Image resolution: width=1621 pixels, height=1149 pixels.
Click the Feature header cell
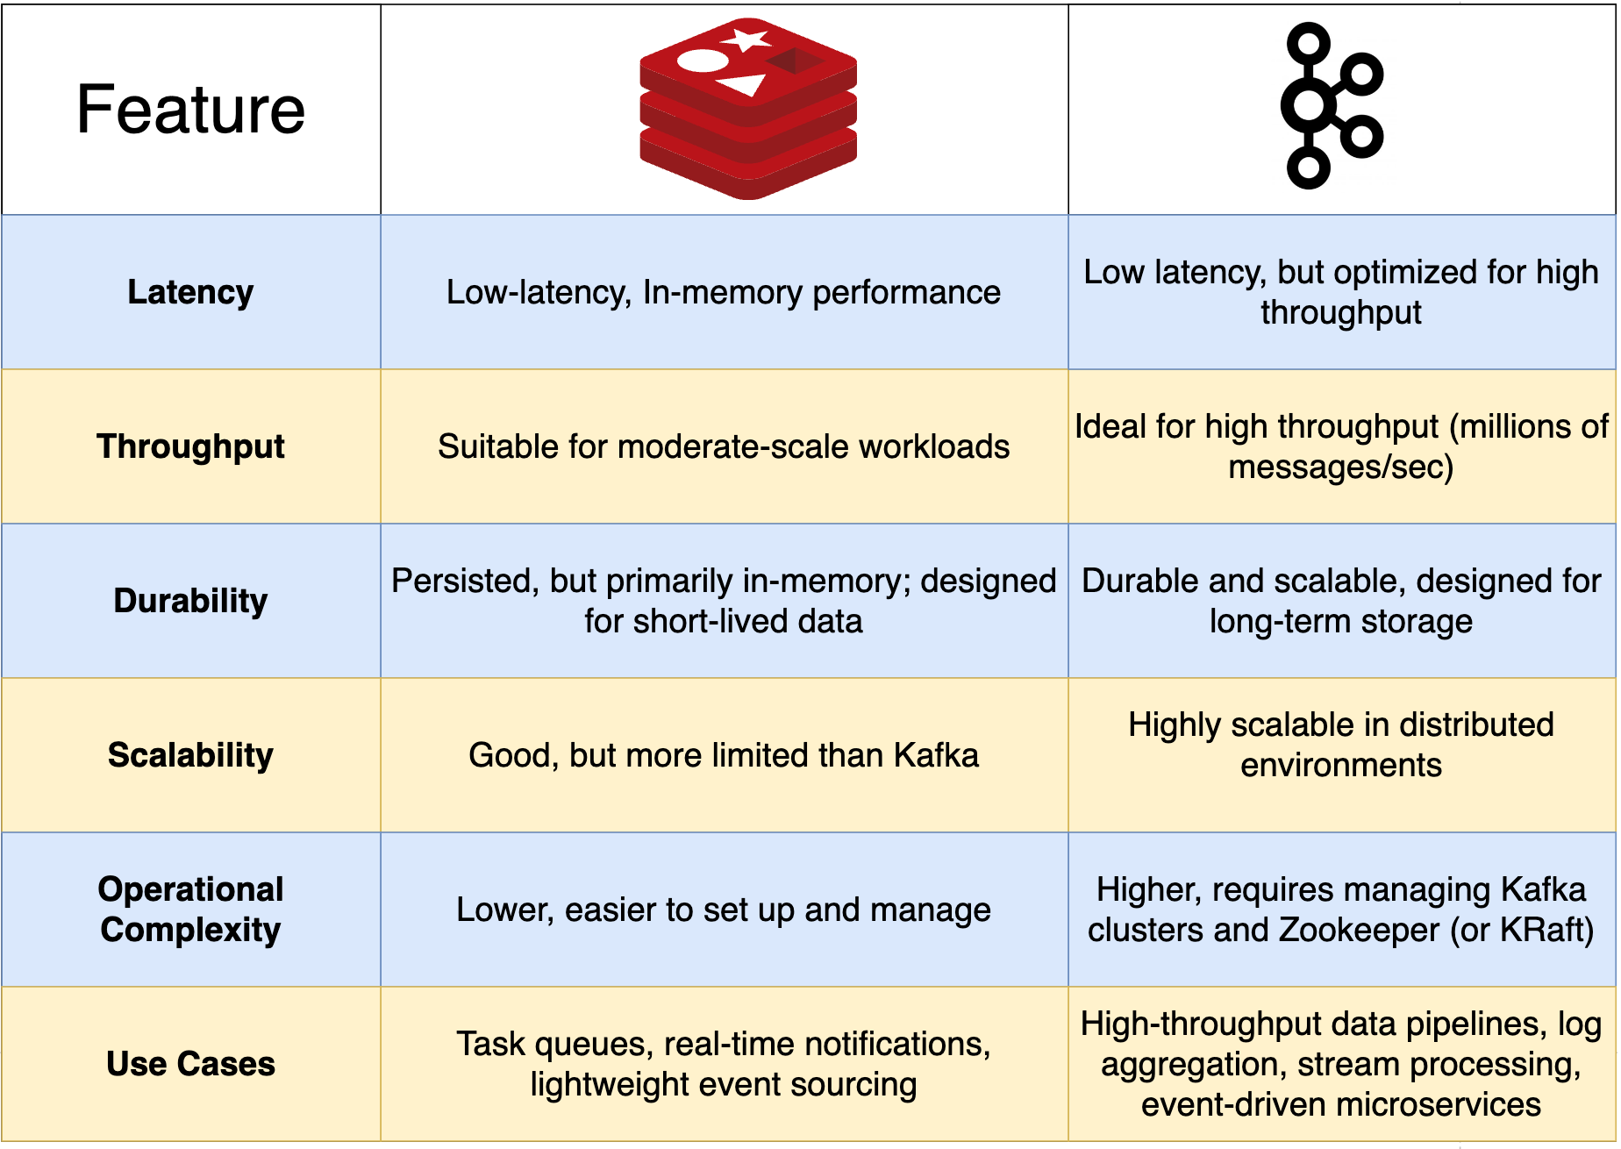click(x=190, y=110)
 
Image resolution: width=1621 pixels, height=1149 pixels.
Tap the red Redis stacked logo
click(x=748, y=109)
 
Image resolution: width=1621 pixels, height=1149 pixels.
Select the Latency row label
click(x=190, y=292)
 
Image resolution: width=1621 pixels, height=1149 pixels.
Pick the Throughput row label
click(x=190, y=446)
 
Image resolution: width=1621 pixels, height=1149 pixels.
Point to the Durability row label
click(x=190, y=601)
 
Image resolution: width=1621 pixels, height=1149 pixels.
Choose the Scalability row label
click(x=190, y=755)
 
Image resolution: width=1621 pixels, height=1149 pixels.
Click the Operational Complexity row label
click(x=190, y=910)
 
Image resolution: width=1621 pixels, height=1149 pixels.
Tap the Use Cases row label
click(x=190, y=1064)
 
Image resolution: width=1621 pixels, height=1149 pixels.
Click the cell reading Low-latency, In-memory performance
click(x=724, y=292)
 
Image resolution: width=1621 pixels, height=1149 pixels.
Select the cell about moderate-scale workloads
click(x=724, y=446)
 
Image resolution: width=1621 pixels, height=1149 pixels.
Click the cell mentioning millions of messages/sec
click(x=1341, y=446)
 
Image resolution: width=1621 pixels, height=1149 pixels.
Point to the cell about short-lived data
click(x=724, y=601)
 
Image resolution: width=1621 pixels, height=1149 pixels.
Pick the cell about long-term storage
click(x=1341, y=601)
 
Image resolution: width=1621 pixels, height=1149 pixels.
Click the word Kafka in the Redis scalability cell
click(x=936, y=755)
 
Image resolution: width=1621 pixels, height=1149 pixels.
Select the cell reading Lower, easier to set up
click(x=724, y=910)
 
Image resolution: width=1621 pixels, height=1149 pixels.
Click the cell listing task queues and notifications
click(x=724, y=1064)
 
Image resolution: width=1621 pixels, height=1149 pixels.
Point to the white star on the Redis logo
click(x=746, y=39)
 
